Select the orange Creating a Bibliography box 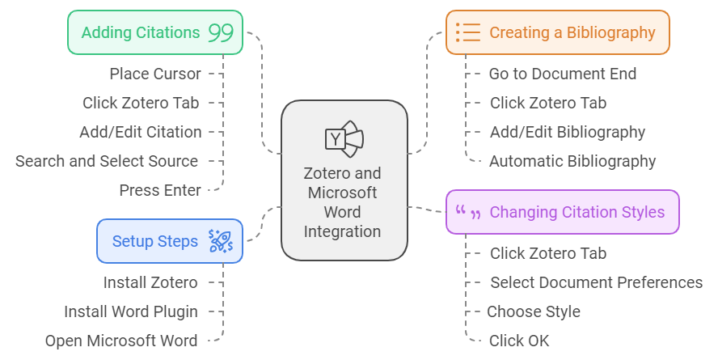click(x=558, y=33)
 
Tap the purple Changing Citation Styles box click(x=563, y=212)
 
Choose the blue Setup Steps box click(x=170, y=241)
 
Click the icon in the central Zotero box click(x=344, y=138)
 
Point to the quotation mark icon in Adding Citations click(x=221, y=33)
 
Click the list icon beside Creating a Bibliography click(x=467, y=33)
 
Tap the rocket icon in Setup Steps click(x=220, y=241)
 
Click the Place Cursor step click(x=155, y=74)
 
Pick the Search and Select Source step click(x=107, y=161)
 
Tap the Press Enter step click(x=160, y=190)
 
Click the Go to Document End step click(x=563, y=74)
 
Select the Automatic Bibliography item click(x=572, y=161)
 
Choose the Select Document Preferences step click(x=596, y=282)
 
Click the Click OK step click(x=519, y=341)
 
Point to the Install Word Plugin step click(x=131, y=311)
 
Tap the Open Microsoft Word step click(x=121, y=341)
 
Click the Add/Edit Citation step click(x=141, y=132)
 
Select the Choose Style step click(x=534, y=311)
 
